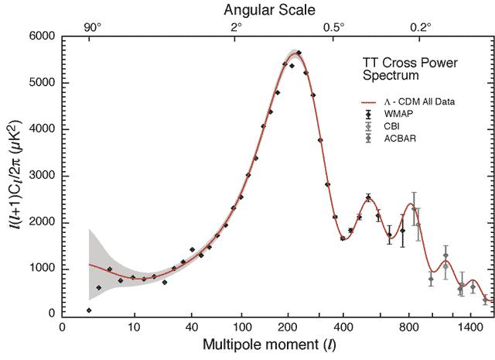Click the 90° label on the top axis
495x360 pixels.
(93, 27)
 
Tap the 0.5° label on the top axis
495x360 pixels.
(333, 27)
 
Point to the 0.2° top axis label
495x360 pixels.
(420, 27)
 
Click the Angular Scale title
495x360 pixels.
(266, 10)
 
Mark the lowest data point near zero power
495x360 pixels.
(89, 310)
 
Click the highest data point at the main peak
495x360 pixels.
(299, 53)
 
